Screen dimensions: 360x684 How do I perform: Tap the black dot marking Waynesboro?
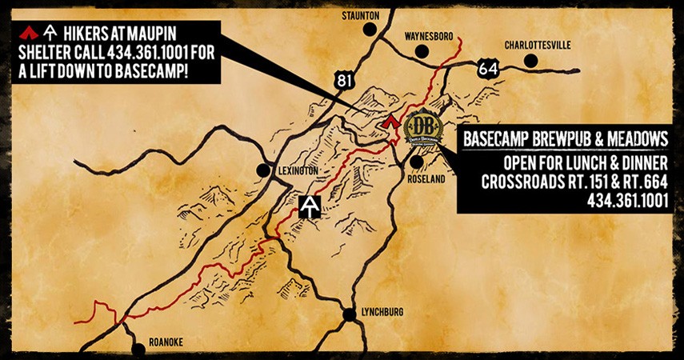pyautogui.click(x=421, y=52)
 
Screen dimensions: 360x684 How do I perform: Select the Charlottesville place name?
pyautogui.click(x=538, y=45)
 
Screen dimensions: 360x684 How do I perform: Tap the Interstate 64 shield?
pyautogui.click(x=487, y=69)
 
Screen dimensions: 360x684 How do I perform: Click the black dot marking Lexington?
pyautogui.click(x=262, y=170)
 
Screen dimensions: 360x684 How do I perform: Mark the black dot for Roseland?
pyautogui.click(x=417, y=162)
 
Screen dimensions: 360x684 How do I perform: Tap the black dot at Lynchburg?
pyautogui.click(x=350, y=314)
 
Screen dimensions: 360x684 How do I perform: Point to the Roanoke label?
pyautogui.click(x=165, y=342)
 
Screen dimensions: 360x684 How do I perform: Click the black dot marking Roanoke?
pyautogui.click(x=139, y=348)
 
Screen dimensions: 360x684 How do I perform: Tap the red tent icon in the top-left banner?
pyautogui.click(x=29, y=32)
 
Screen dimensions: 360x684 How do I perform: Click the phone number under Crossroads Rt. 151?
pyautogui.click(x=627, y=200)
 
